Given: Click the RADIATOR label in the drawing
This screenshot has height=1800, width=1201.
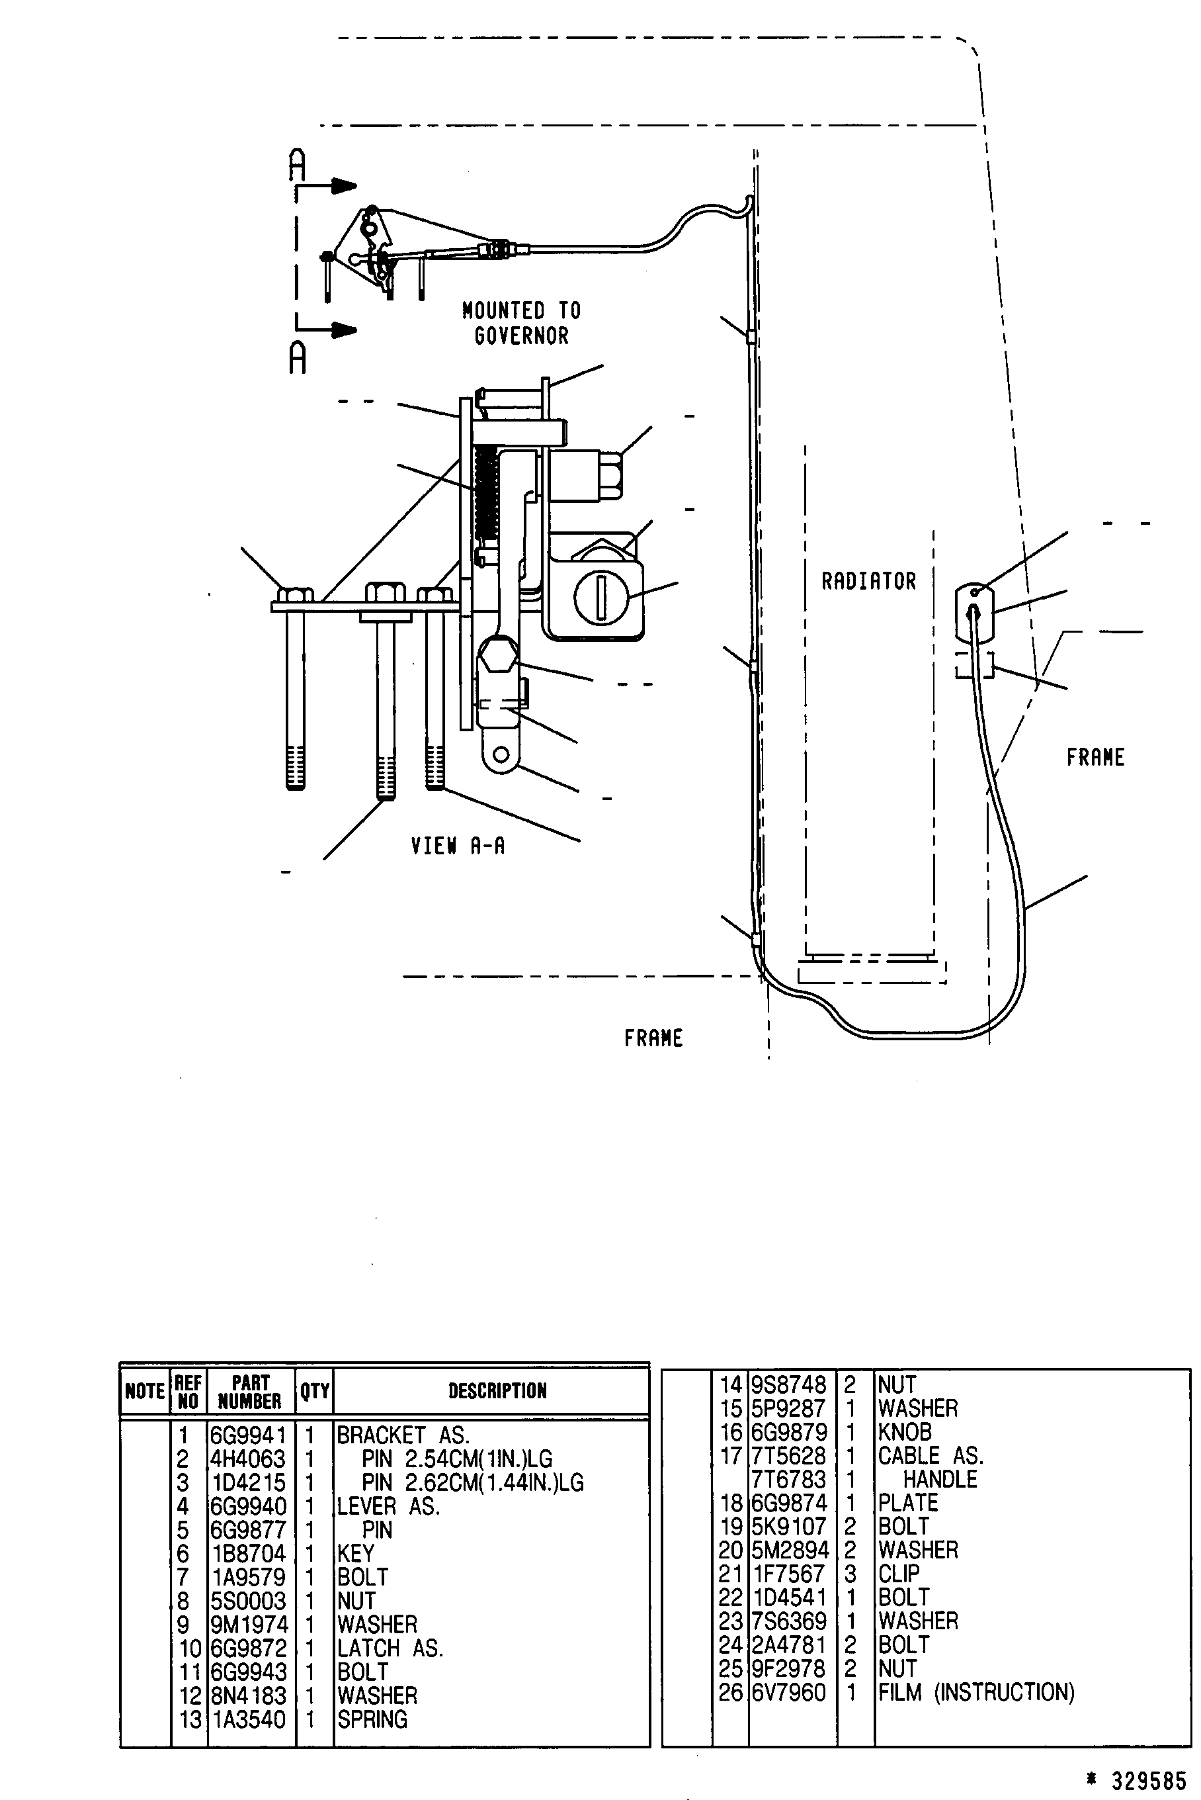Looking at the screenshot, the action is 868,582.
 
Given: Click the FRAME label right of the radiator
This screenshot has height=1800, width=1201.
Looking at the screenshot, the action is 1095,757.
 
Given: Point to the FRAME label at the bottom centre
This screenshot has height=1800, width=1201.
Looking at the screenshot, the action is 653,1038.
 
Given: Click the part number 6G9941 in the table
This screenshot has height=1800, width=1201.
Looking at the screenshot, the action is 249,1435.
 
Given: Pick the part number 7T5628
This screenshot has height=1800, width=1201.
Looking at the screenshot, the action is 788,1456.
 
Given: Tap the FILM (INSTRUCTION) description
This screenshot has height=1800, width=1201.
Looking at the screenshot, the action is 977,1692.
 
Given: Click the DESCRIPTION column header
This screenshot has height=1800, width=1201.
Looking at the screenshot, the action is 498,1391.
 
